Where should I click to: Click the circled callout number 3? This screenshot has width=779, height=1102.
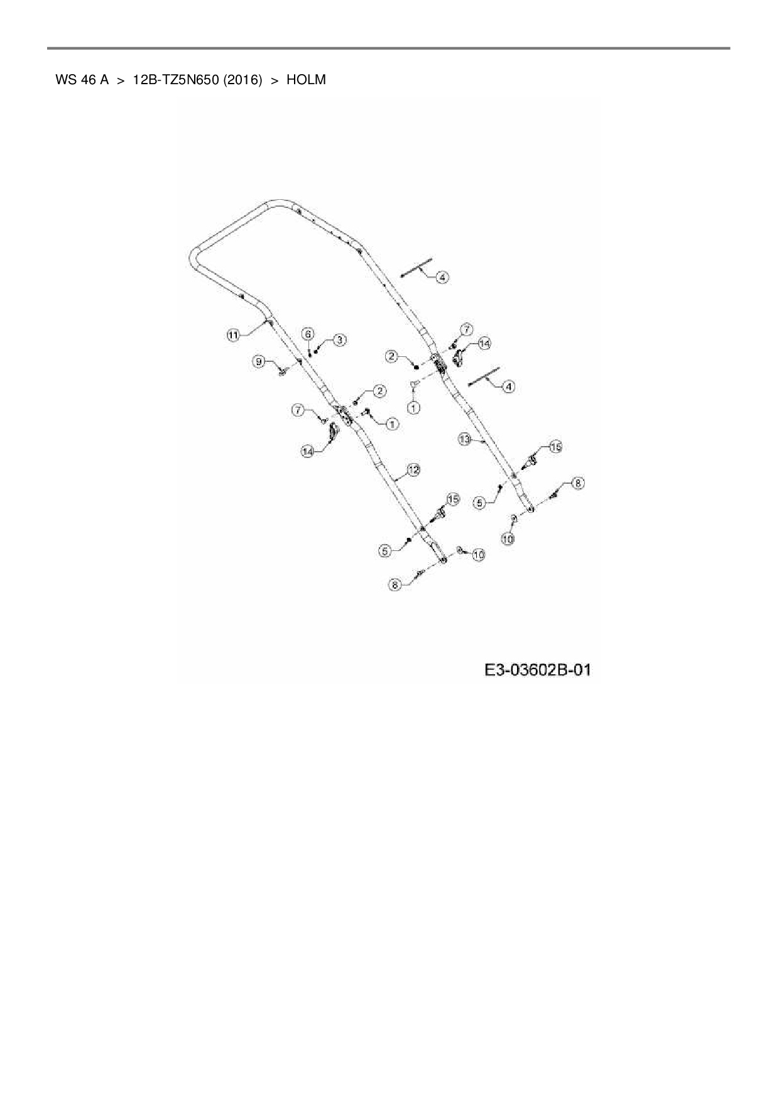tap(339, 340)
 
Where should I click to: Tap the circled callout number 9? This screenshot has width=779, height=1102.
tap(258, 361)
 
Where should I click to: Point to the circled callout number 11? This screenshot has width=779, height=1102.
tap(233, 335)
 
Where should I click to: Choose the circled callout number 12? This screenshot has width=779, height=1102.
tap(413, 469)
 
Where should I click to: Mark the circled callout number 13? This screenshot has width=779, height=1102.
tap(464, 440)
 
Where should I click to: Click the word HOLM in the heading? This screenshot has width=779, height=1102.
tap(306, 80)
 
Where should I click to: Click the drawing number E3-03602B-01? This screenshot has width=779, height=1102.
tap(538, 670)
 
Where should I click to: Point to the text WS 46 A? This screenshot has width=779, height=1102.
tap(82, 80)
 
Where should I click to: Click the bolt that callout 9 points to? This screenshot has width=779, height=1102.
tap(282, 371)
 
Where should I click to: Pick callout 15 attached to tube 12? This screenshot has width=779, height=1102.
tap(452, 499)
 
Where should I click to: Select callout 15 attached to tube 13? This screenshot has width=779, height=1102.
tap(555, 447)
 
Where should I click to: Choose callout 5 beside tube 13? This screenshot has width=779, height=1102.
tap(480, 503)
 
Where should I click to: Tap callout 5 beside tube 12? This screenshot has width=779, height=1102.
tap(385, 551)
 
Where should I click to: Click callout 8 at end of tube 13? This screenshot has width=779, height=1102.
tap(578, 483)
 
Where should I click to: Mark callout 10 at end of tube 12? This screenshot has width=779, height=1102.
tap(479, 555)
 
